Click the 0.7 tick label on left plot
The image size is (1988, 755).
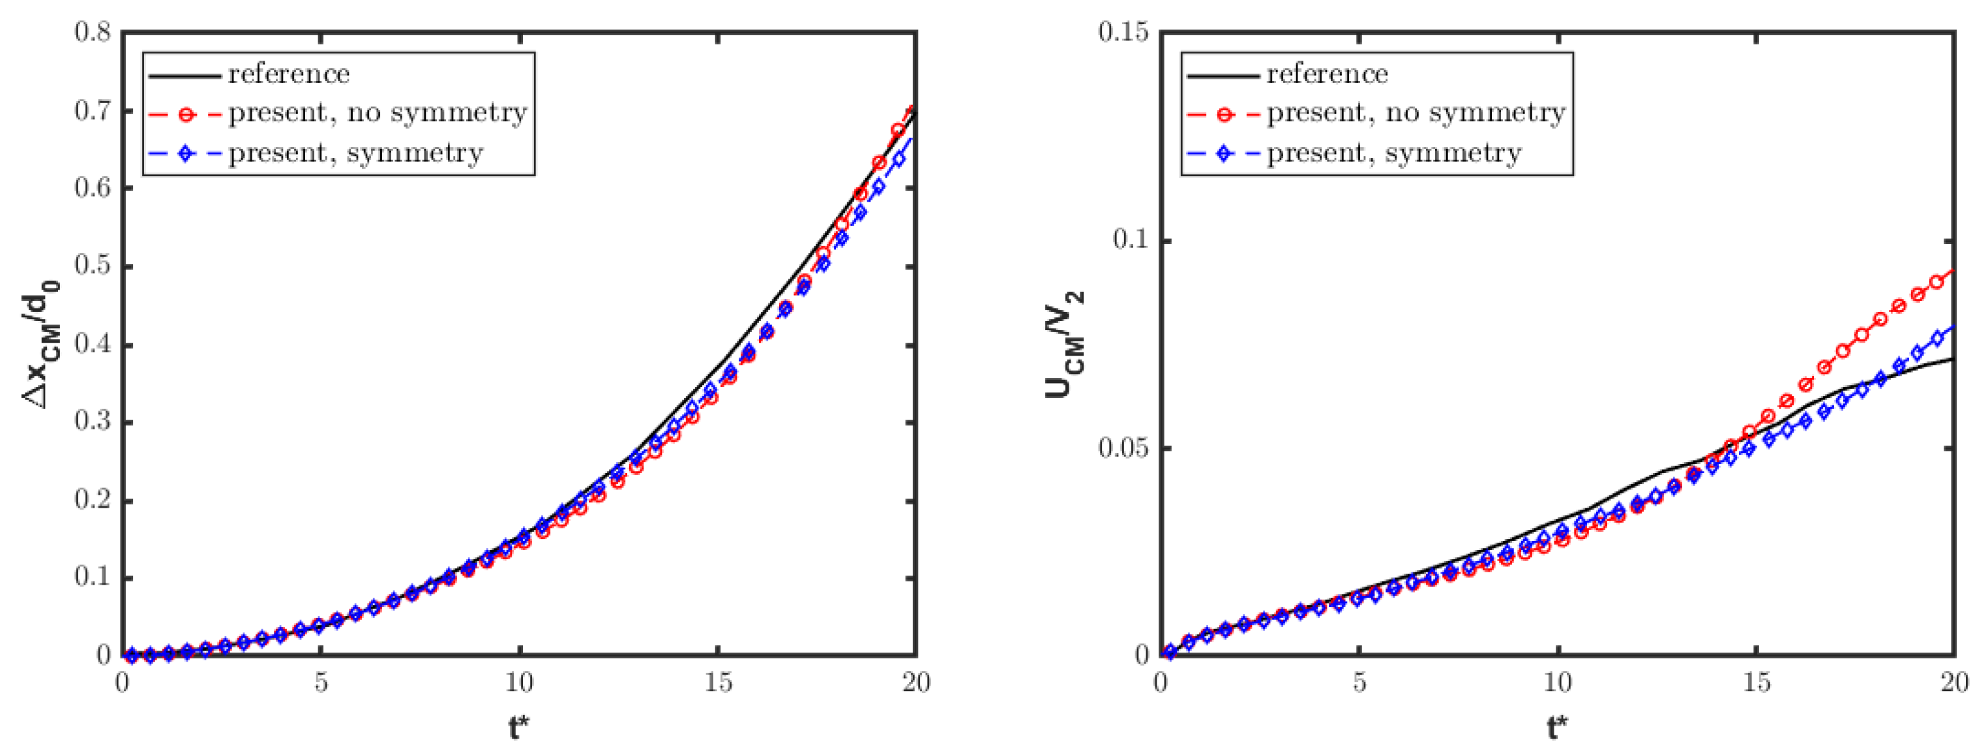click(x=93, y=110)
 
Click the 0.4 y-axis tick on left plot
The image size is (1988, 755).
click(x=93, y=345)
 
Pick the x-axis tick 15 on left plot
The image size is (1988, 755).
click(x=718, y=683)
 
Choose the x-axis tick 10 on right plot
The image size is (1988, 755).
click(x=1558, y=683)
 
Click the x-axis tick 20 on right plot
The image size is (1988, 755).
click(x=1954, y=683)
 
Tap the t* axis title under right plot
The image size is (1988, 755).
click(x=1558, y=727)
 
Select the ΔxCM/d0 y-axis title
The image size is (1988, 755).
click(x=40, y=343)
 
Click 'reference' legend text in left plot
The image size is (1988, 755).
click(x=289, y=74)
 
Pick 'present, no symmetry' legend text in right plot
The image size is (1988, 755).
click(x=1416, y=114)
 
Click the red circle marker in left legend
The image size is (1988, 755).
click(x=185, y=114)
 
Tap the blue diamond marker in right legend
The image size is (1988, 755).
click(x=1223, y=153)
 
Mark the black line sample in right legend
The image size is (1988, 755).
click(x=1223, y=75)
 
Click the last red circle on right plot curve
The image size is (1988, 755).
click(x=1936, y=283)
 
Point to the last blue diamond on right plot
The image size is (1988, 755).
click(x=1936, y=339)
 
